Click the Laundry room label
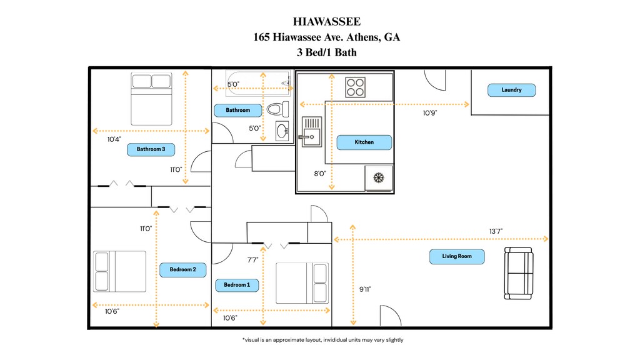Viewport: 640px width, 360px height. point(511,90)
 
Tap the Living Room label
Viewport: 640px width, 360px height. point(457,256)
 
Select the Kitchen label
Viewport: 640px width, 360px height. point(364,142)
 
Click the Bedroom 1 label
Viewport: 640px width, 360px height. point(237,285)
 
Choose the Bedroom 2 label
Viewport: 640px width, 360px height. point(183,270)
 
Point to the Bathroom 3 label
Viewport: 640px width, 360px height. point(151,149)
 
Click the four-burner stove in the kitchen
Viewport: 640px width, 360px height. point(356,86)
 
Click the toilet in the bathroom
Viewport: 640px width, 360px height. point(276,109)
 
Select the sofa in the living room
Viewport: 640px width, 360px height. point(519,272)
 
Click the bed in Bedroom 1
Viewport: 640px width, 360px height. point(302,282)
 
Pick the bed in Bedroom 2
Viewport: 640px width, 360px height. point(119,271)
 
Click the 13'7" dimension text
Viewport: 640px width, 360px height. point(496,231)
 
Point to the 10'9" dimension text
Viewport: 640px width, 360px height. point(430,113)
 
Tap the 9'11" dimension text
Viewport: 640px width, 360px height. point(366,289)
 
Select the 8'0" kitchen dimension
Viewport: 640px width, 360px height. point(320,174)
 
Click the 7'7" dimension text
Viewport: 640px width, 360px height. point(252,259)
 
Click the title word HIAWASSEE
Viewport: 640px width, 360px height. point(326,22)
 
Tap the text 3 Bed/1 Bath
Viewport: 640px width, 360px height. point(326,52)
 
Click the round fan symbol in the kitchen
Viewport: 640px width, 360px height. point(378,177)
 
